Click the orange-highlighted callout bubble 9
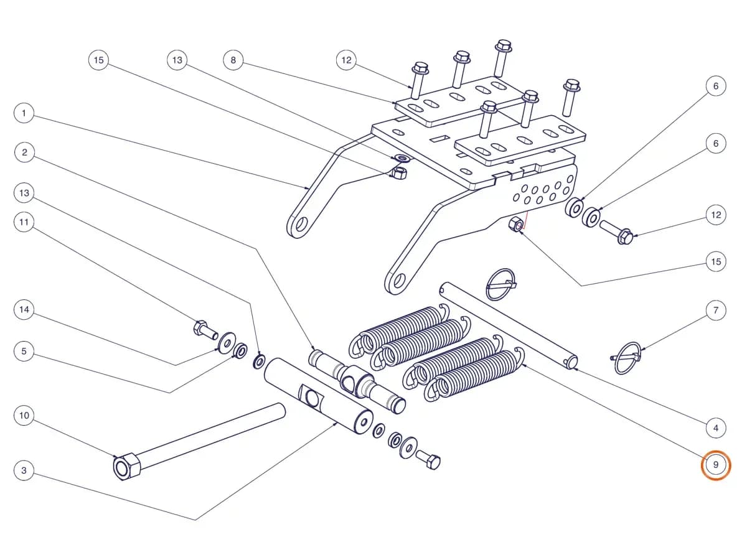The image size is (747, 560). coord(715,465)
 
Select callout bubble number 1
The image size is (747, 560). coord(24,113)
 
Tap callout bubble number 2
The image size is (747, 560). coord(24,152)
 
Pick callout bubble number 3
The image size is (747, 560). coord(24,470)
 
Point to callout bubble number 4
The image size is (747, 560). coord(716,428)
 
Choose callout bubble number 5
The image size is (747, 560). coord(24,351)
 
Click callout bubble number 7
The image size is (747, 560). coord(716,310)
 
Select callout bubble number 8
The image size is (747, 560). coord(233,60)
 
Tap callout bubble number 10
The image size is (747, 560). coord(24,416)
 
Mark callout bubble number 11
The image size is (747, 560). coord(24,222)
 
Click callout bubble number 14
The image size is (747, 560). coord(24,310)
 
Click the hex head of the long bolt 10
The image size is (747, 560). coord(126,467)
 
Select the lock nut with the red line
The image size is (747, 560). coord(516,225)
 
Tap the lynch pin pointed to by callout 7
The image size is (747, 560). coord(626,358)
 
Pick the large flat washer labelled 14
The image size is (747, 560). coord(227,343)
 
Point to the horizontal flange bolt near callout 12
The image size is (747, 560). coord(616,232)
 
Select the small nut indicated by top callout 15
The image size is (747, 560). coord(399,173)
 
